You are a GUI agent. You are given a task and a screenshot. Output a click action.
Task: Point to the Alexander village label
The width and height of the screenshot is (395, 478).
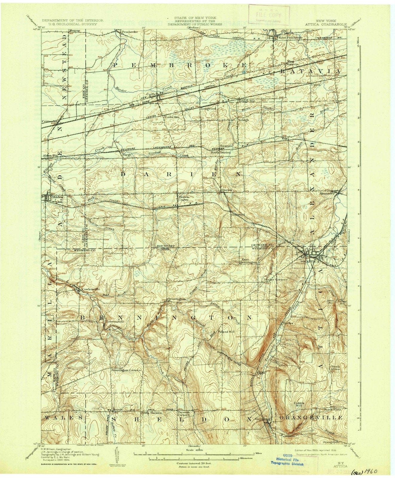[x=326, y=194]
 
